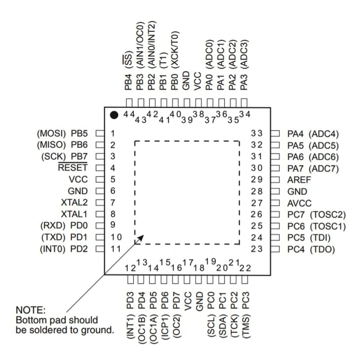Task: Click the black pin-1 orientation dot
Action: (x=114, y=115)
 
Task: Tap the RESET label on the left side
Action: (x=72, y=168)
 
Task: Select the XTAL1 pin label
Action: (x=74, y=214)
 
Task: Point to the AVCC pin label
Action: (x=299, y=203)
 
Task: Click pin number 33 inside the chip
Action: (x=257, y=133)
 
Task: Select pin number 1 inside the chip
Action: (x=113, y=133)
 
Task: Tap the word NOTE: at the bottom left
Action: (x=31, y=310)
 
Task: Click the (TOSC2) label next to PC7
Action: (x=328, y=215)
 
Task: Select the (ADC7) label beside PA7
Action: (x=324, y=168)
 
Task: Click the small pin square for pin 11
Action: (x=100, y=249)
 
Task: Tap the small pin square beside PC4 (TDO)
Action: (x=275, y=249)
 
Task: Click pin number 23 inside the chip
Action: (x=257, y=249)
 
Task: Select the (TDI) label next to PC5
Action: (x=320, y=238)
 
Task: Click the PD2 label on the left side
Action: (x=79, y=249)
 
